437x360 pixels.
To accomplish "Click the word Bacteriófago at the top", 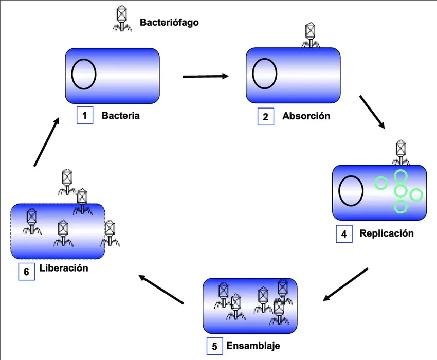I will coord(169,23).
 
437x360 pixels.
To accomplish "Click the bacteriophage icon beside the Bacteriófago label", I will coord(122,19).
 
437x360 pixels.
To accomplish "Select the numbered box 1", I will coord(84,115).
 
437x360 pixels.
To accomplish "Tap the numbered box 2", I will coord(265,116).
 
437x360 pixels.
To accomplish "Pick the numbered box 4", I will coord(344,234).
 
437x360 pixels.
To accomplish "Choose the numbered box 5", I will coord(215,346).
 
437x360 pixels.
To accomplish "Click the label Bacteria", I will coord(120,115).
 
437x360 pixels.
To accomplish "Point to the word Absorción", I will coord(306,116).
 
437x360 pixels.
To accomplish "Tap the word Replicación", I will coord(387,233).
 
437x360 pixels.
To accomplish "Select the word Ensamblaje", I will coord(253,345).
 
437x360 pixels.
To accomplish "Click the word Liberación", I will coord(64,268).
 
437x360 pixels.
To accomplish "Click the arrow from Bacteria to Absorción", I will coord(206,77).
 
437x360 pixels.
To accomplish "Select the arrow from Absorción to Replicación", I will coord(372,112).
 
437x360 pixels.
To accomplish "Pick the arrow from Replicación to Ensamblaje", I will coord(347,284).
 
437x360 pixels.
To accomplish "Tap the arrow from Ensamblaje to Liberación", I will coord(161,289).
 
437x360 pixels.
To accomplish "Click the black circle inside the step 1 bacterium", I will coord(84,74).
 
